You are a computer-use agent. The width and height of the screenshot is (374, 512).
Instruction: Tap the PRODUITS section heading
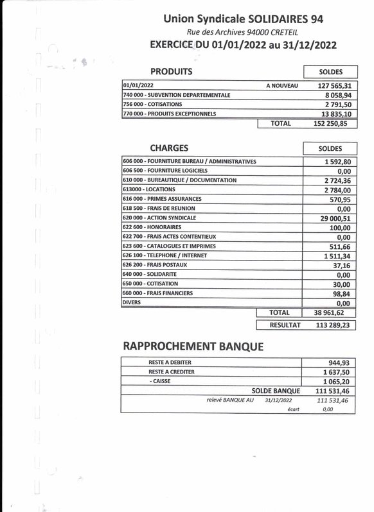click(171, 71)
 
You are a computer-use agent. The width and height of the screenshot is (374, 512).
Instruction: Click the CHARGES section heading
click(169, 148)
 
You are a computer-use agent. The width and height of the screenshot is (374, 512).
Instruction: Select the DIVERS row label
click(130, 303)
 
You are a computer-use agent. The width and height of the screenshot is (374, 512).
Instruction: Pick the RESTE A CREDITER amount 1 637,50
click(339, 371)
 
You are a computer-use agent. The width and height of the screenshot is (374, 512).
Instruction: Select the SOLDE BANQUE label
click(276, 390)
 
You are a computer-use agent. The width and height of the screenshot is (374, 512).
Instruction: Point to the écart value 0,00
click(328, 408)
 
